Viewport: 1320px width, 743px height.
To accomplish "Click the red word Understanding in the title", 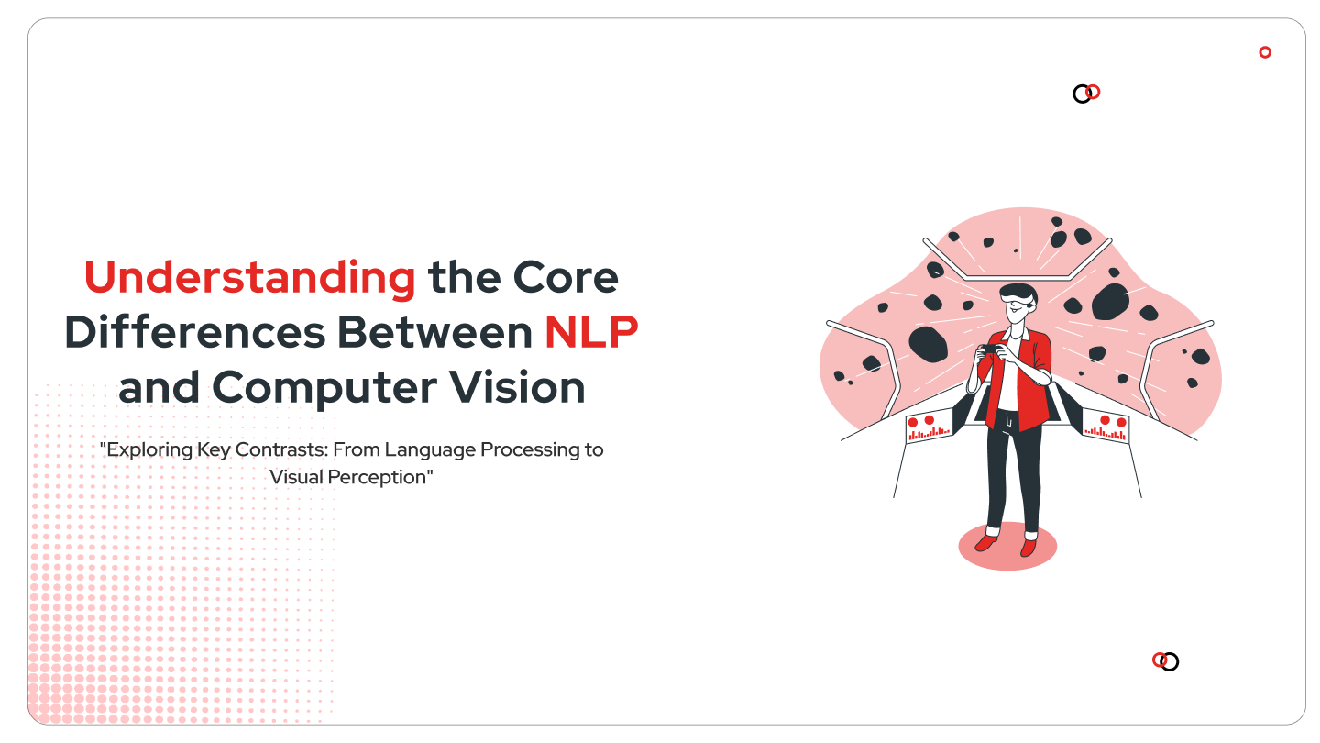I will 249,278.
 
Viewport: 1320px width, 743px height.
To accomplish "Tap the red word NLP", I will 591,332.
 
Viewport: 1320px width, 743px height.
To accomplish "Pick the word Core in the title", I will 565,278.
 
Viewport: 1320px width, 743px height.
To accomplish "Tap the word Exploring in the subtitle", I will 150,450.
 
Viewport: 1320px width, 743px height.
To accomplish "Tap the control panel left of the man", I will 929,427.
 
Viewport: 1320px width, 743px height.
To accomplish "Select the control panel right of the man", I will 1106,427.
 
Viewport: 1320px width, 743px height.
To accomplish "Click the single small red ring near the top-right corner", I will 1265,52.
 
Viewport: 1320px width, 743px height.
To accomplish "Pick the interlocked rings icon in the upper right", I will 1086,93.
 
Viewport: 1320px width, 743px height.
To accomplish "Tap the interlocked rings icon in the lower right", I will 1165,660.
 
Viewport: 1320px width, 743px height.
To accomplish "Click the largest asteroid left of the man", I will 928,343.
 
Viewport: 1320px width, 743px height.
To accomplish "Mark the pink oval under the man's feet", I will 1007,548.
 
